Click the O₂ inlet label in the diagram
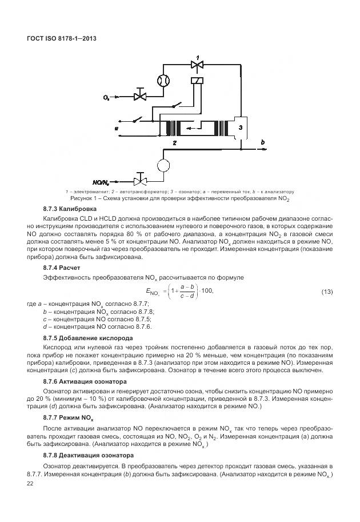(x=107, y=98)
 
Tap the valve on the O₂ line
(x=139, y=94)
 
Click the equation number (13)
(x=327, y=292)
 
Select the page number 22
(x=31, y=484)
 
